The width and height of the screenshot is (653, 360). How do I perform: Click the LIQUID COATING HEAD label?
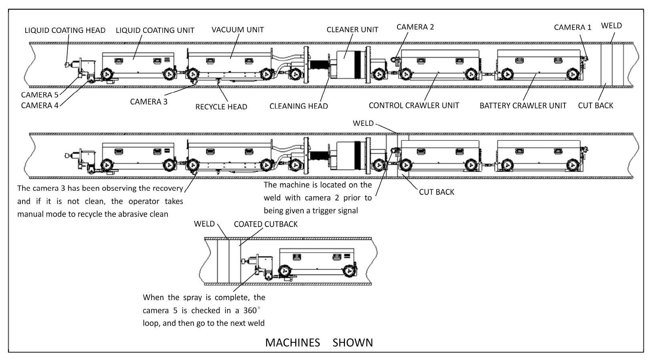65,30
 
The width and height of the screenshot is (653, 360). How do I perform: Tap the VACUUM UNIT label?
238,30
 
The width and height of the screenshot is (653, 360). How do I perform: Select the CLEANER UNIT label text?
352,30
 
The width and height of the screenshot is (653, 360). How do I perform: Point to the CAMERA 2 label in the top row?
415,27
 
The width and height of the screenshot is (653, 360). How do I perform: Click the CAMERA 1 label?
572,27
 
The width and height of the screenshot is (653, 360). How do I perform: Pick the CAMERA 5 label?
40,95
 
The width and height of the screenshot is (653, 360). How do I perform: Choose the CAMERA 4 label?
40,105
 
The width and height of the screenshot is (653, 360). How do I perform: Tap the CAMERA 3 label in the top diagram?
149,102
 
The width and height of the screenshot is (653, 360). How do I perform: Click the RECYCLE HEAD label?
221,107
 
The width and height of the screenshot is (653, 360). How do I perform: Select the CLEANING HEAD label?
298,106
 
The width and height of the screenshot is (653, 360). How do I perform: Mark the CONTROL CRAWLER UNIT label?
414,105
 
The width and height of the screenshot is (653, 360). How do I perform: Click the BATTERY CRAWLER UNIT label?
523,106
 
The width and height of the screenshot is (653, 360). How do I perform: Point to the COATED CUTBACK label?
266,224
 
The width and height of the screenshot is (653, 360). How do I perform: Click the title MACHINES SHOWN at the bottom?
319,342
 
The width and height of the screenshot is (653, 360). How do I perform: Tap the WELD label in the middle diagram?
363,123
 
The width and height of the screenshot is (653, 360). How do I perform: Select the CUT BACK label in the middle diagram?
436,192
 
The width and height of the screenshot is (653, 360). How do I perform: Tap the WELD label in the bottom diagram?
204,224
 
